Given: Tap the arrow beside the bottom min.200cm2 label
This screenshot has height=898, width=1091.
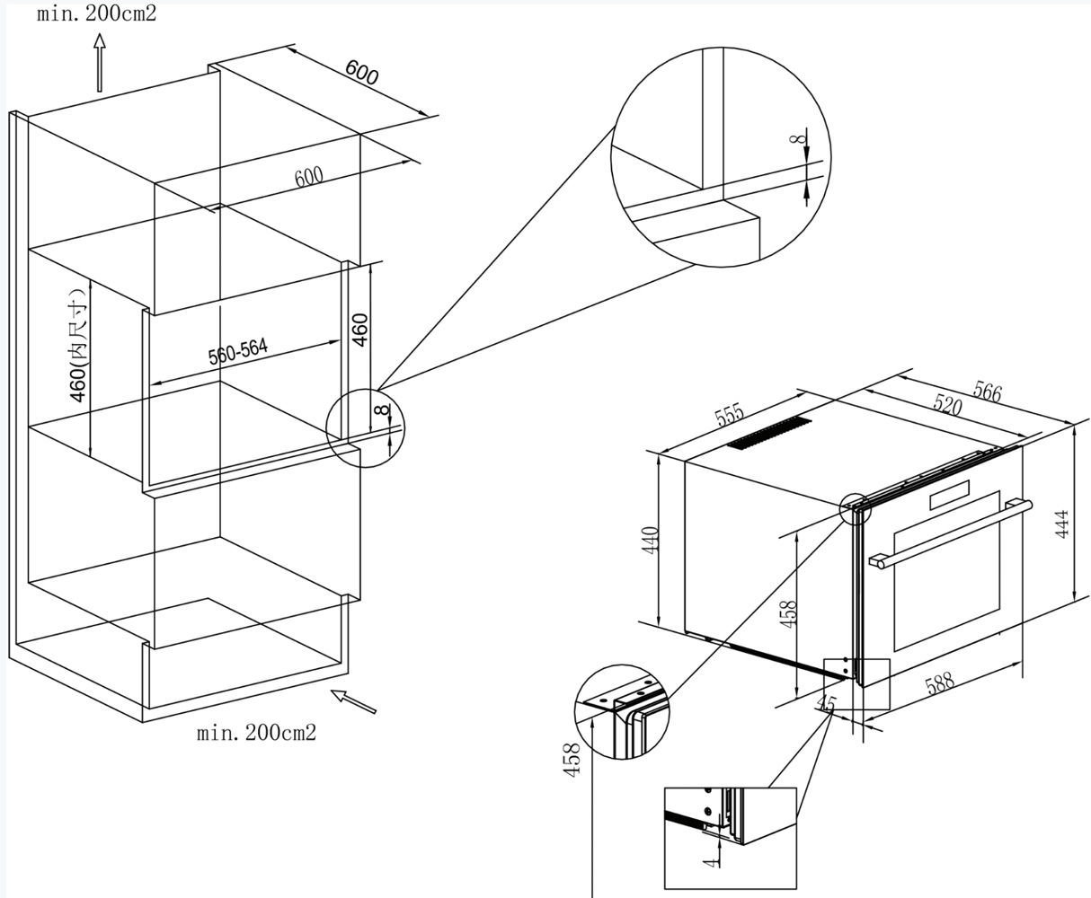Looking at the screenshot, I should (353, 701).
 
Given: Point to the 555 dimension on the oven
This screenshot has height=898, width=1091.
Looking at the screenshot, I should (730, 414).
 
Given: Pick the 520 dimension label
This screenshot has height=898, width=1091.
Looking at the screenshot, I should (946, 405).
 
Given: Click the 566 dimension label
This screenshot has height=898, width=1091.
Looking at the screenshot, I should (987, 392).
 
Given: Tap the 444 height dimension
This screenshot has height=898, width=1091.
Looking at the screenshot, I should (1061, 524).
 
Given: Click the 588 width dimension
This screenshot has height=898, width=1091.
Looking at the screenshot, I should (939, 683).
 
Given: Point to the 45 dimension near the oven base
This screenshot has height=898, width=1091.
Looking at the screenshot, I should (828, 703).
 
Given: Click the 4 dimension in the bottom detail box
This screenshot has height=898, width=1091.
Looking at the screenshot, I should (709, 862).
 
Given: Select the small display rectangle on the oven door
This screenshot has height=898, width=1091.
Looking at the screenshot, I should (950, 494).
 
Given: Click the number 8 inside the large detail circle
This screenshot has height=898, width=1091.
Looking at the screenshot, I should (795, 139).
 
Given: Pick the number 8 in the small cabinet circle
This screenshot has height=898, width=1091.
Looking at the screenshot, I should (382, 410).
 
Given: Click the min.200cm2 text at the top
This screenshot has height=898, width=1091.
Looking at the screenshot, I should (96, 13).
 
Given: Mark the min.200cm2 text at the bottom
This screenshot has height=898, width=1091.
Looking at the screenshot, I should (256, 733).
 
